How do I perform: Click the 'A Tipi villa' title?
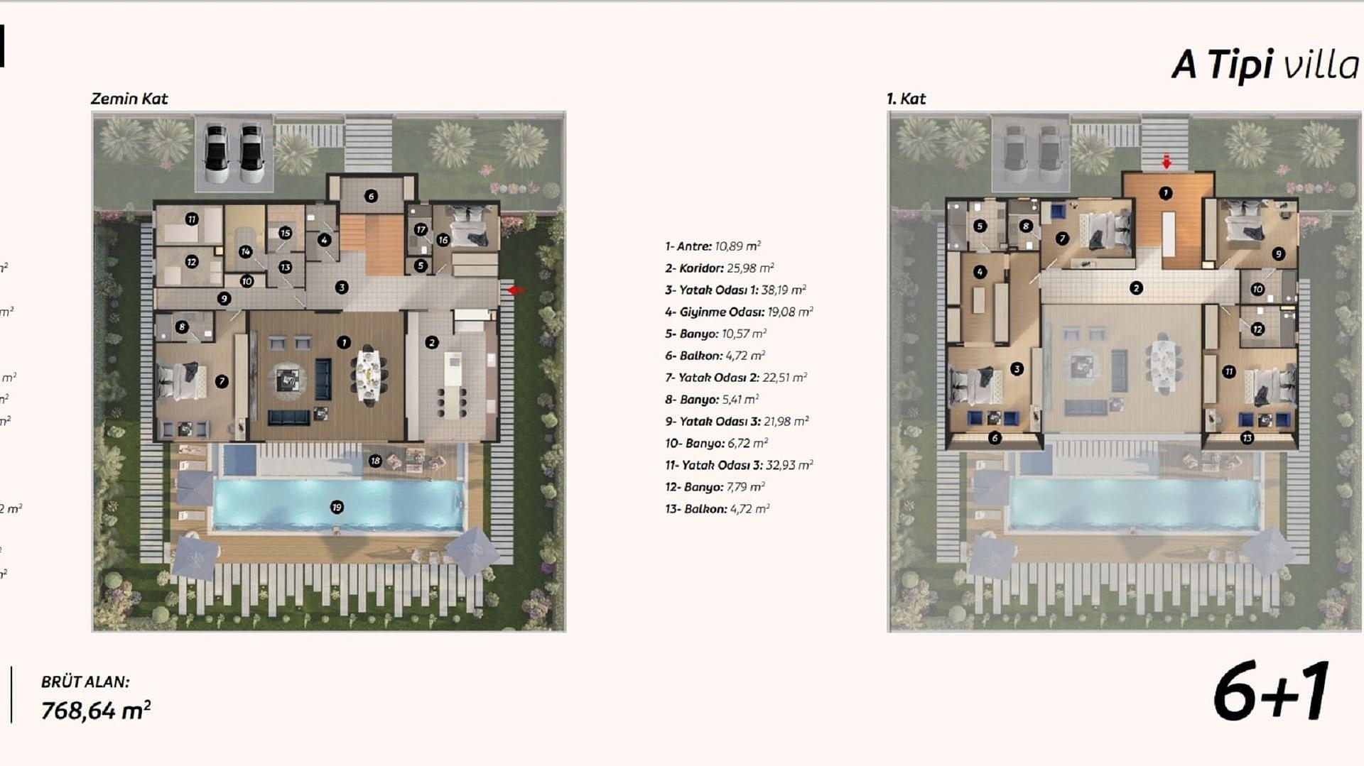pyautogui.click(x=1265, y=65)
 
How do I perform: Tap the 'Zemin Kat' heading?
pyautogui.click(x=129, y=99)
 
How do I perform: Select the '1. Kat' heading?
pyautogui.click(x=906, y=99)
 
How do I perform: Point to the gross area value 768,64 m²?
pyautogui.click(x=96, y=710)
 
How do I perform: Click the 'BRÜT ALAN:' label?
pyautogui.click(x=85, y=682)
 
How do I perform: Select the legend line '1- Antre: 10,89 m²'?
pyautogui.click(x=713, y=246)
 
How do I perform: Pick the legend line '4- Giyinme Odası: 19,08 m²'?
pyautogui.click(x=739, y=312)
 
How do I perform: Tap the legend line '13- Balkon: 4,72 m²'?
pyautogui.click(x=717, y=509)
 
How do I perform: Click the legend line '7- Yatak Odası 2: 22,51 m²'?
pyautogui.click(x=735, y=378)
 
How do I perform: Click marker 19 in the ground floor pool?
pyautogui.click(x=337, y=507)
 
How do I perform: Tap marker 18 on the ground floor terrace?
pyautogui.click(x=375, y=461)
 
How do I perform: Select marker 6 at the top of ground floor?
pyautogui.click(x=371, y=196)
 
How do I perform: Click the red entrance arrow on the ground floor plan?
pyautogui.click(x=516, y=290)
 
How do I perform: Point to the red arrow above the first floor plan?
pyautogui.click(x=1166, y=162)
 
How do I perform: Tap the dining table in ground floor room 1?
pyautogui.click(x=369, y=375)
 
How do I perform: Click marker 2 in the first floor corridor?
pyautogui.click(x=1136, y=288)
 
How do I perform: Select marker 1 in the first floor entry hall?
pyautogui.click(x=1165, y=192)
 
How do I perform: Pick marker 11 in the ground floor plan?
pyautogui.click(x=192, y=219)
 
